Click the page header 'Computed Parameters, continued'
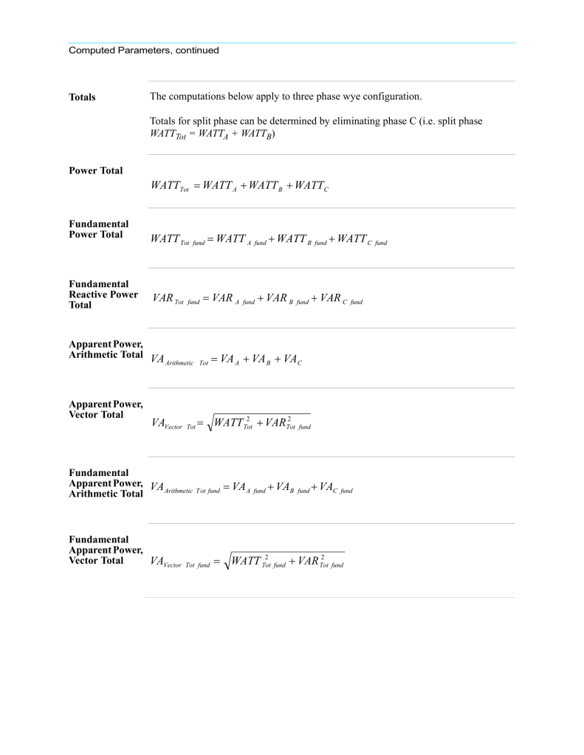[144, 51]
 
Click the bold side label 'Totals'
[82, 97]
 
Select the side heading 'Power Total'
[95, 170]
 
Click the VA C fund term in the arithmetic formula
[337, 488]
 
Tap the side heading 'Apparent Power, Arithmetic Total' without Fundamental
[106, 348]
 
